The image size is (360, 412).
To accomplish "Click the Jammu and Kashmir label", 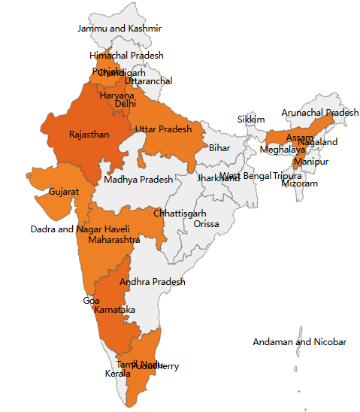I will tap(119, 29).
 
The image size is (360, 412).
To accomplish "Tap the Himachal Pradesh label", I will tap(126, 56).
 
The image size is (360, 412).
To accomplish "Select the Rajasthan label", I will tap(89, 135).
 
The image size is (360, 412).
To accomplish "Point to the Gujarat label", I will tap(64, 192).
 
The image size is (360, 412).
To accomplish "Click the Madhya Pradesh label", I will tap(138, 180).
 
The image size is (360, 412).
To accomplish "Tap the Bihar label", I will tap(219, 147).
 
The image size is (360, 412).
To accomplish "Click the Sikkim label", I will tap(251, 120).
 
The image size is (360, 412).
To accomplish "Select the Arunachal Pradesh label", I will tap(320, 113).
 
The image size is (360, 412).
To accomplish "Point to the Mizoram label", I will tap(299, 183).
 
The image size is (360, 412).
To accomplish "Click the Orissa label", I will tap(207, 224).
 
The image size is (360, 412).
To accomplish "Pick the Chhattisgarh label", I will tap(180, 214).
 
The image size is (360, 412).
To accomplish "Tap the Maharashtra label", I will tap(113, 240).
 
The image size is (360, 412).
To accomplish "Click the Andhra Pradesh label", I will tap(153, 282).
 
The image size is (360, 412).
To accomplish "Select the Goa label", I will tap(91, 301).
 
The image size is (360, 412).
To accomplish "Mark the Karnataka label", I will tap(115, 310).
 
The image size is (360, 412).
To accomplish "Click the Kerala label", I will tap(116, 373).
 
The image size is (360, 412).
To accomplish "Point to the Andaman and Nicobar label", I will tap(299, 342).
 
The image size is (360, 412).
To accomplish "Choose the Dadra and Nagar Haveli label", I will tap(80, 229).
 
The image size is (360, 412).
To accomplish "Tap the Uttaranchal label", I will tap(148, 81).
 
